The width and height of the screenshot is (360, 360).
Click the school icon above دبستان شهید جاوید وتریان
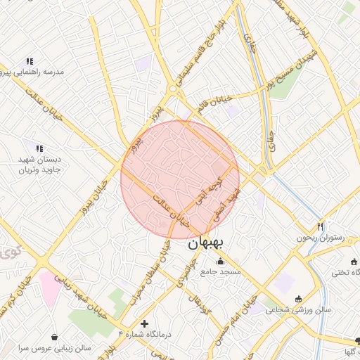point(39,148)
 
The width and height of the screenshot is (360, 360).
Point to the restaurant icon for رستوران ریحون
point(320,226)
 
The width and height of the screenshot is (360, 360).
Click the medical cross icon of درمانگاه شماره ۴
point(144,324)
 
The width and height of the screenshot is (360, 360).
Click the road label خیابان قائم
point(215,104)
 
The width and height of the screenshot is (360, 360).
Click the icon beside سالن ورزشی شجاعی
point(298,298)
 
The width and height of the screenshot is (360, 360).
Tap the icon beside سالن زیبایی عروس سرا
point(55,337)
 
